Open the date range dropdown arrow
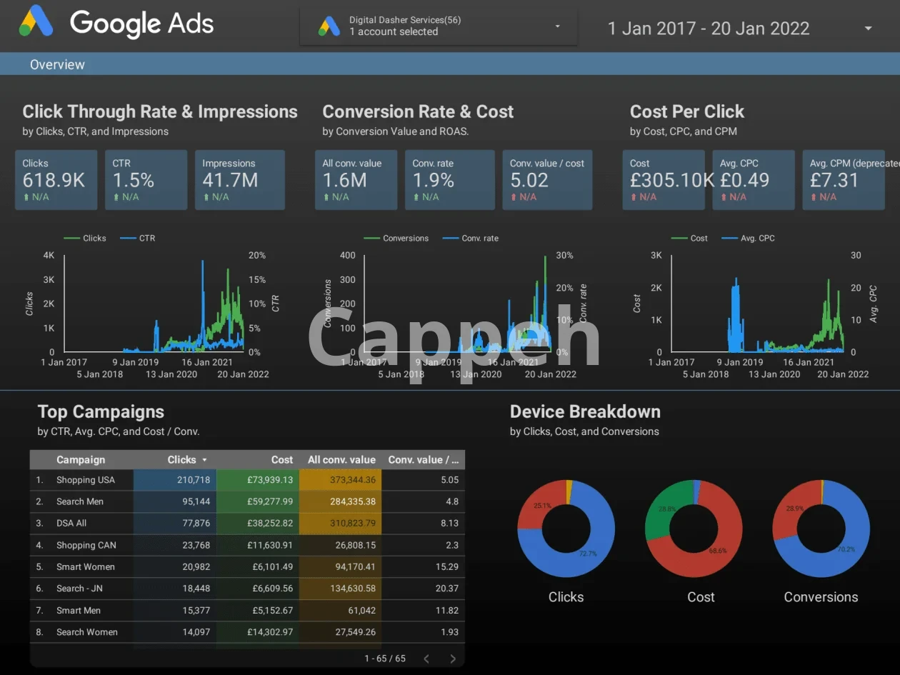[869, 29]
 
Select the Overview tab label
[57, 64]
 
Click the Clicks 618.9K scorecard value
[54, 180]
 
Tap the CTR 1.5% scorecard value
[133, 180]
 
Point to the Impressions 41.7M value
[230, 180]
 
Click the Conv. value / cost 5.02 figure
[529, 180]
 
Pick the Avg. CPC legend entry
[758, 238]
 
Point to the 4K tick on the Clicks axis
[49, 255]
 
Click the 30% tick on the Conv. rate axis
[564, 255]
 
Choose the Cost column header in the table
[282, 460]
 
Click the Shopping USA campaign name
[86, 480]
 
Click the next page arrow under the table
[453, 659]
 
